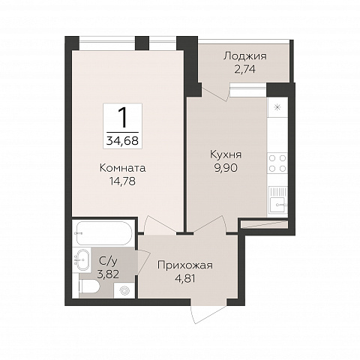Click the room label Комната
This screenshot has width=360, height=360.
[x=122, y=168]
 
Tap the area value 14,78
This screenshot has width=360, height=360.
[x=122, y=181]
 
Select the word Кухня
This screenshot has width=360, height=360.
[x=226, y=155]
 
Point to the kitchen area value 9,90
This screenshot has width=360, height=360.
[x=226, y=168]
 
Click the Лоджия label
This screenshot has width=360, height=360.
[x=245, y=56]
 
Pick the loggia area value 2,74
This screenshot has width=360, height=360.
[x=245, y=69]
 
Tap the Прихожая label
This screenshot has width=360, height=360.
[x=185, y=265]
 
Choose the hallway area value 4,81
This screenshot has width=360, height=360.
[x=185, y=278]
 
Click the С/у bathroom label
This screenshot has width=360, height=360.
[x=108, y=261]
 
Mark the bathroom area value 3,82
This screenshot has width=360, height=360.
[x=108, y=274]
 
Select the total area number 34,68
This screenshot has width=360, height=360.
[x=122, y=141]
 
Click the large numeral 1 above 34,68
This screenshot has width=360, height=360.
[x=122, y=118]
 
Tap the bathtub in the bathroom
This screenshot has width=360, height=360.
[x=103, y=233]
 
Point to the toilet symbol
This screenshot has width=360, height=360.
[x=89, y=286]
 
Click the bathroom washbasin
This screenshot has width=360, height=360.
[x=82, y=259]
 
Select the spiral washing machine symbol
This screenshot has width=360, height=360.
[x=124, y=290]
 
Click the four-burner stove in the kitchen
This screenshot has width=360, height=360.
[x=277, y=163]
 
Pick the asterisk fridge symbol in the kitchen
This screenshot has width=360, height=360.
[x=277, y=107]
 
